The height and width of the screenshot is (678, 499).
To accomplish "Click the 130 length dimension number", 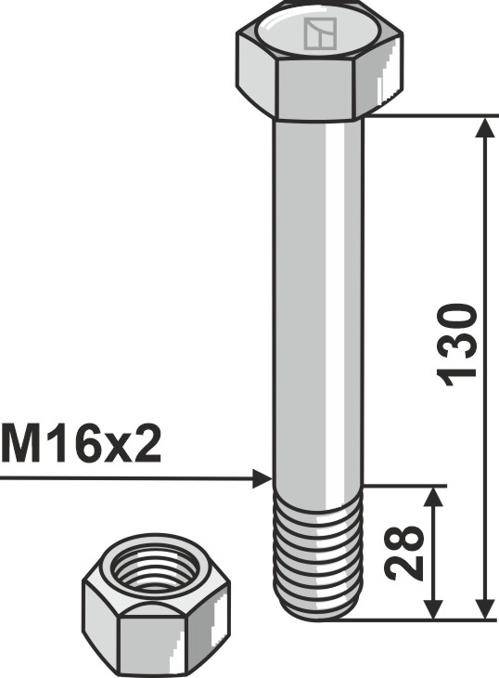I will coord(458,342).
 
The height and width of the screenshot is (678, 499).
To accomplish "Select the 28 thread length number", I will coord(406,554).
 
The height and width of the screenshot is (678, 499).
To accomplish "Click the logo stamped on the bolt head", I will coord(319,35).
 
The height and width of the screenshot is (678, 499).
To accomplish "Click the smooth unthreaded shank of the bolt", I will coord(317,297).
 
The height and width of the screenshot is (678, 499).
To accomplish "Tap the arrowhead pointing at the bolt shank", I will coord(262,478).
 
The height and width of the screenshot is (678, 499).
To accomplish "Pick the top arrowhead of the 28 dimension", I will coord(433,496).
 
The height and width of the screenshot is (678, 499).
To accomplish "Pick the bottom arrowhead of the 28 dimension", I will coord(433,607).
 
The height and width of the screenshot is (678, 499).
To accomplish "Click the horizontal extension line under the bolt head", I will coord(427,116).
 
